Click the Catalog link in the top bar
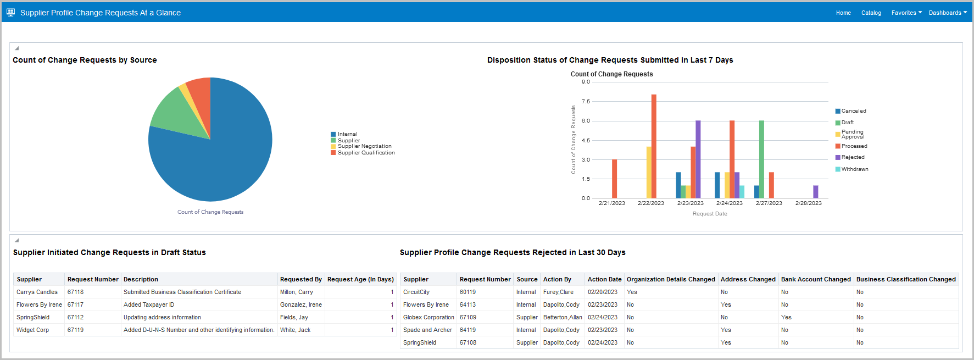pyautogui.click(x=871, y=13)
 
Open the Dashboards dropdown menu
pyautogui.click(x=947, y=13)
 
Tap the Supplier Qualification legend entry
pyautogui.click(x=366, y=153)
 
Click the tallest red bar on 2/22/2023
pyautogui.click(x=654, y=146)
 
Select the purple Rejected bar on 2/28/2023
pyautogui.click(x=816, y=192)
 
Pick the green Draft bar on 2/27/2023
pyautogui.click(x=761, y=159)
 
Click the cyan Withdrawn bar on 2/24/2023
pyautogui.click(x=742, y=192)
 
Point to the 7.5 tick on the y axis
pyautogui.click(x=586, y=102)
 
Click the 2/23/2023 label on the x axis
pyautogui.click(x=690, y=203)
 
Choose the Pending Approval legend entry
pyautogui.click(x=852, y=134)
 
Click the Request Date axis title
pyautogui.click(x=710, y=214)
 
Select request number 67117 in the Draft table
pyautogui.click(x=76, y=304)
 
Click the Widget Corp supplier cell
pyautogui.click(x=33, y=330)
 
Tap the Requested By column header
pyautogui.click(x=300, y=279)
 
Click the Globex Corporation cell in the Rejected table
pyautogui.click(x=428, y=317)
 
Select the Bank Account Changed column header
pyautogui.click(x=816, y=279)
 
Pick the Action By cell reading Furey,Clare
pyautogui.click(x=558, y=292)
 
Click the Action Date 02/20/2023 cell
pyautogui.click(x=602, y=292)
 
